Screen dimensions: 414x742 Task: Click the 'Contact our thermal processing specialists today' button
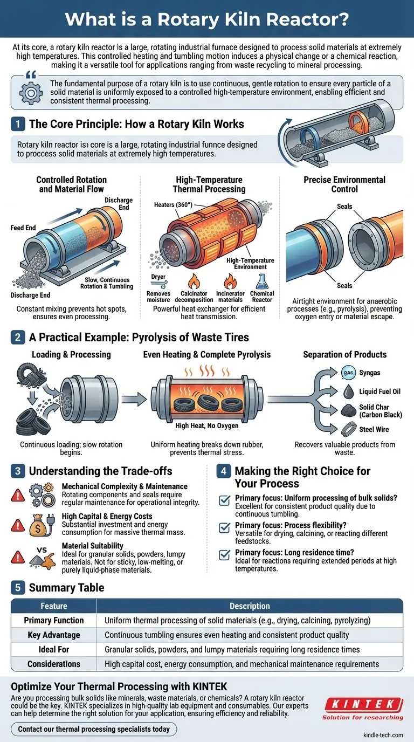(94, 729)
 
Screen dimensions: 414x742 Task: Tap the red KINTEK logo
(364, 704)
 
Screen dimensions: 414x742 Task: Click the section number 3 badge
(18, 471)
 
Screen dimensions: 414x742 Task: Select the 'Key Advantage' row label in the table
(54, 635)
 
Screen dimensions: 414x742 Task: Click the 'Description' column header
(250, 606)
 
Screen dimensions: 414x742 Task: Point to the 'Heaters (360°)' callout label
(173, 205)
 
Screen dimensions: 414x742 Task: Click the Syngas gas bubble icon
(348, 373)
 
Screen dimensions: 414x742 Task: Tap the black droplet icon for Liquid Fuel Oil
(348, 391)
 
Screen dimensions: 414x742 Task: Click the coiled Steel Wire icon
(348, 429)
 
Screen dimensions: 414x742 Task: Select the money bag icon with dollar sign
(38, 525)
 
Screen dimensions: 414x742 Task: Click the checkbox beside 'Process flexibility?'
(225, 528)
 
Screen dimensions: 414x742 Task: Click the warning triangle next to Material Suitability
(18, 557)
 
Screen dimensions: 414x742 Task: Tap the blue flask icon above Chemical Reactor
(261, 281)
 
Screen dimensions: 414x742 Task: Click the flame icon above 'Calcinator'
(194, 281)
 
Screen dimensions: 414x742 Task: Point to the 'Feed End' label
(23, 228)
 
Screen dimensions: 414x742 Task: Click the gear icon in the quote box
(31, 93)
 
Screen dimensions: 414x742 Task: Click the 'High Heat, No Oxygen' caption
(206, 425)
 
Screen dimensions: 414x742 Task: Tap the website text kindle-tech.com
(383, 735)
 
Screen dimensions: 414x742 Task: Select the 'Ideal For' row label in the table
(54, 649)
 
